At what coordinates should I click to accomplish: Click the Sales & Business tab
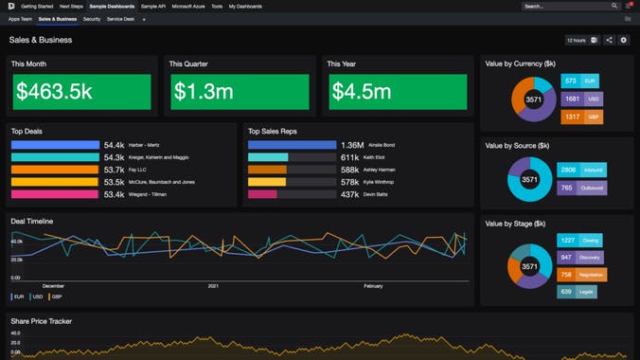pyautogui.click(x=58, y=19)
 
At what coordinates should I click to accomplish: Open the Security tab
pyautogui.click(x=92, y=19)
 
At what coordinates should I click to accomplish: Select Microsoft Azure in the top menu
pyautogui.click(x=188, y=6)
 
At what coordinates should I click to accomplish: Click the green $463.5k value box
pyautogui.click(x=81, y=92)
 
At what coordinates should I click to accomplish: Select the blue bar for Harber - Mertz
pyautogui.click(x=55, y=145)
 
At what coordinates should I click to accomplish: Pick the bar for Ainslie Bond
pyautogui.click(x=292, y=145)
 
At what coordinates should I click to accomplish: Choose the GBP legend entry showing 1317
pyautogui.click(x=583, y=117)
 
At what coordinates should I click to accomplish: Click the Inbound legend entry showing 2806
pyautogui.click(x=582, y=170)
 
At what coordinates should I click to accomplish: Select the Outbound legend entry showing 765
pyautogui.click(x=582, y=188)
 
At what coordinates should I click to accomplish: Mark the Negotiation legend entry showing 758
pyautogui.click(x=582, y=275)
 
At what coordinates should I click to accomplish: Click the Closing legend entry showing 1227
pyautogui.click(x=582, y=241)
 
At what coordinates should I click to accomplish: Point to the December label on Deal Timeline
pyautogui.click(x=53, y=285)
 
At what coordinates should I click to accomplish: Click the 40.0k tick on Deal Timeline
pyautogui.click(x=16, y=242)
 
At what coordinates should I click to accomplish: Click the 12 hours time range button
pyautogui.click(x=576, y=41)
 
